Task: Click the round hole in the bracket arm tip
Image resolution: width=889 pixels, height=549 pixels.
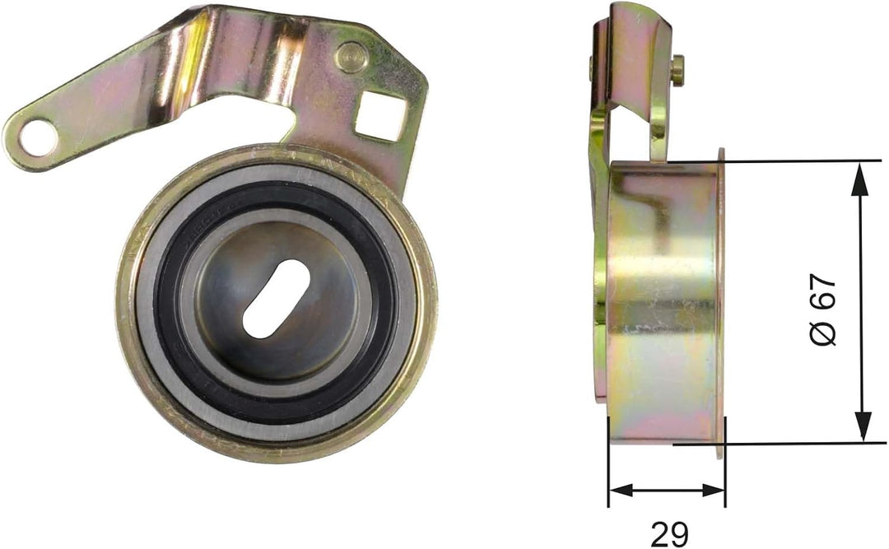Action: click(x=38, y=137)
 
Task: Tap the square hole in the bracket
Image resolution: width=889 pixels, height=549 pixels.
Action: click(x=380, y=115)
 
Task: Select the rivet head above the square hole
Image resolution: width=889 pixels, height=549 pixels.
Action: click(x=351, y=57)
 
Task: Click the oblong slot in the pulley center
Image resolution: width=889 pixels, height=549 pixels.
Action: click(x=276, y=298)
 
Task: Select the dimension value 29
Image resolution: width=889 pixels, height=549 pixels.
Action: click(x=669, y=533)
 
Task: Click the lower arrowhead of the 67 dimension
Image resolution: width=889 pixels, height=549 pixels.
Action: click(x=861, y=429)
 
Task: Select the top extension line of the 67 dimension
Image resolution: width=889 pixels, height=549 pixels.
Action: click(x=790, y=161)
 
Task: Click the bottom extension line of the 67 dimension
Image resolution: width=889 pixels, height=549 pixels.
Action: click(x=790, y=444)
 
